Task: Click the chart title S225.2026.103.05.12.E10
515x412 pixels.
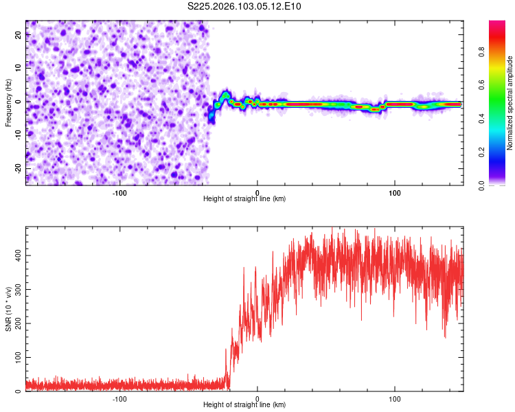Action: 245,7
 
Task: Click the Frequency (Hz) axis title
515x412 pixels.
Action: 8,102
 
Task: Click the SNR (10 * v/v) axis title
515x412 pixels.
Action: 8,310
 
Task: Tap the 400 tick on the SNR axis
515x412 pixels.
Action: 15,255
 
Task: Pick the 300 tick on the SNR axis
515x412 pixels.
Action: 15,289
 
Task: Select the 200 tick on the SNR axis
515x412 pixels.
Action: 15,323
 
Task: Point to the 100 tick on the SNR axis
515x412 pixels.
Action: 15,358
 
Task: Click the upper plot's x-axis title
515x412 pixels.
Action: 244,198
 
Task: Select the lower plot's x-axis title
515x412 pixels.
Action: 244,404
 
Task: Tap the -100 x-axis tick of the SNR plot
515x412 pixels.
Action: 120,398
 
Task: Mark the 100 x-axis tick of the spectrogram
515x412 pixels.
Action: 395,192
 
